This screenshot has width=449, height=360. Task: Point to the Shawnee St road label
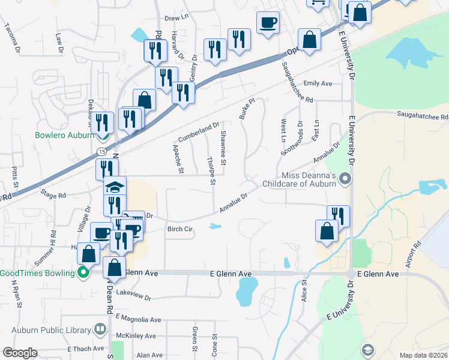[x=223, y=148]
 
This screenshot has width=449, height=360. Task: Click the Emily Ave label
[x=318, y=83]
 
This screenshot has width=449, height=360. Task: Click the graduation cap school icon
[x=115, y=187]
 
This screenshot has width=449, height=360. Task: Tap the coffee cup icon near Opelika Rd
[x=268, y=23]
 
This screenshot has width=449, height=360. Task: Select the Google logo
[x=20, y=353]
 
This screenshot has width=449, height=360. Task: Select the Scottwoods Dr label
[x=298, y=139]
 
